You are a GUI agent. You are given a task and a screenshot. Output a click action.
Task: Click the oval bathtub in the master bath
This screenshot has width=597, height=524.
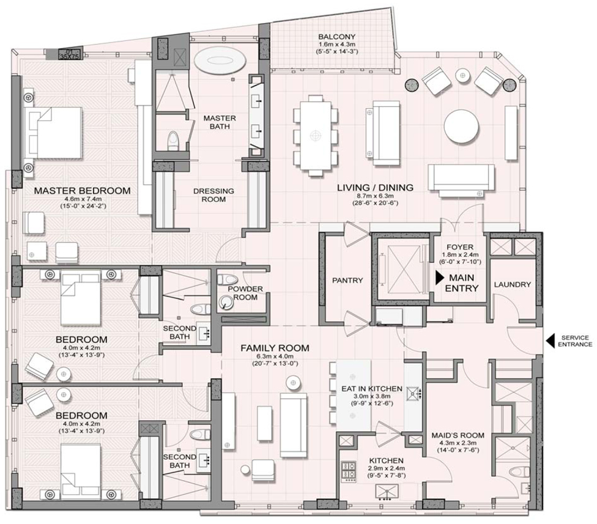point(220,60)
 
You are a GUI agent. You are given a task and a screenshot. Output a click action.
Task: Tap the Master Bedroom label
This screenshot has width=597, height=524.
point(82,191)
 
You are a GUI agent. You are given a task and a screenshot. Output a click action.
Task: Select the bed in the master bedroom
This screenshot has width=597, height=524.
point(53,133)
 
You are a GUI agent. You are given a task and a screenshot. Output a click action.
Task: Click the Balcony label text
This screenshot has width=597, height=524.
point(337,37)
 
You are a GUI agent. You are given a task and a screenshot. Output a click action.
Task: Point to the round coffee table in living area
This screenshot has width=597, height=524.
point(461,127)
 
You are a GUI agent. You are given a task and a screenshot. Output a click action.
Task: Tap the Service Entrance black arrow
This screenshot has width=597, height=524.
point(550,341)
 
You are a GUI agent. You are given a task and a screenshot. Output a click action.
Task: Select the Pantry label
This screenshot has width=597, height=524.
point(347,281)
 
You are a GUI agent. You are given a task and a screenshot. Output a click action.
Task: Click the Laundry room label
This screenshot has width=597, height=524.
point(512,284)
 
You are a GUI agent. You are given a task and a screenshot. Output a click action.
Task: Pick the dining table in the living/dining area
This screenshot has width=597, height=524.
point(315,136)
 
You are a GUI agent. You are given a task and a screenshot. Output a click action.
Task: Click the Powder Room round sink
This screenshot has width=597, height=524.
point(226,302)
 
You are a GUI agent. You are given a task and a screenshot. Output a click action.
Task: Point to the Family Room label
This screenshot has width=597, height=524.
point(275,348)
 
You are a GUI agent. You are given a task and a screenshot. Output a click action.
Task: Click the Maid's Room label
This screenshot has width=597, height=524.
point(458,435)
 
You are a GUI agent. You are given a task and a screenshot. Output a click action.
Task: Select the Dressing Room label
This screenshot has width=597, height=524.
point(213,195)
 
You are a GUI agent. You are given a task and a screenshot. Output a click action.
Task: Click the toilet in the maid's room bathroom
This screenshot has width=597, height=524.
point(519,473)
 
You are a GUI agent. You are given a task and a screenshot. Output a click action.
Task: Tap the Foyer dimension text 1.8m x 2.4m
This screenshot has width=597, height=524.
point(460,254)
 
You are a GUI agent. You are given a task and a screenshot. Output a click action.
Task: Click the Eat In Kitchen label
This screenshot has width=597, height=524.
point(372,388)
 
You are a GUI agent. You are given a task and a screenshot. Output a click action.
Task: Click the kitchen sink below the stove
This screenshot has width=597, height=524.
point(387,492)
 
